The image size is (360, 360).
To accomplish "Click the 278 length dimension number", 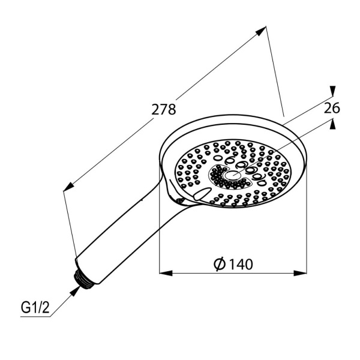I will (164, 110).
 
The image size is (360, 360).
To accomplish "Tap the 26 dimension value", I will (332, 108).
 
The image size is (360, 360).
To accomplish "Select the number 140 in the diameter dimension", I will (241, 263).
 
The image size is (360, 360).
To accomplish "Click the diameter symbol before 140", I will (220, 263).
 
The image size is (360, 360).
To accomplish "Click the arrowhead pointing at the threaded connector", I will (75, 290).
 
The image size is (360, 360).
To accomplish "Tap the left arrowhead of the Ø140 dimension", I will (164, 273).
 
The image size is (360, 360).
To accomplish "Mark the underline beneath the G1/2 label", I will (33, 316).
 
